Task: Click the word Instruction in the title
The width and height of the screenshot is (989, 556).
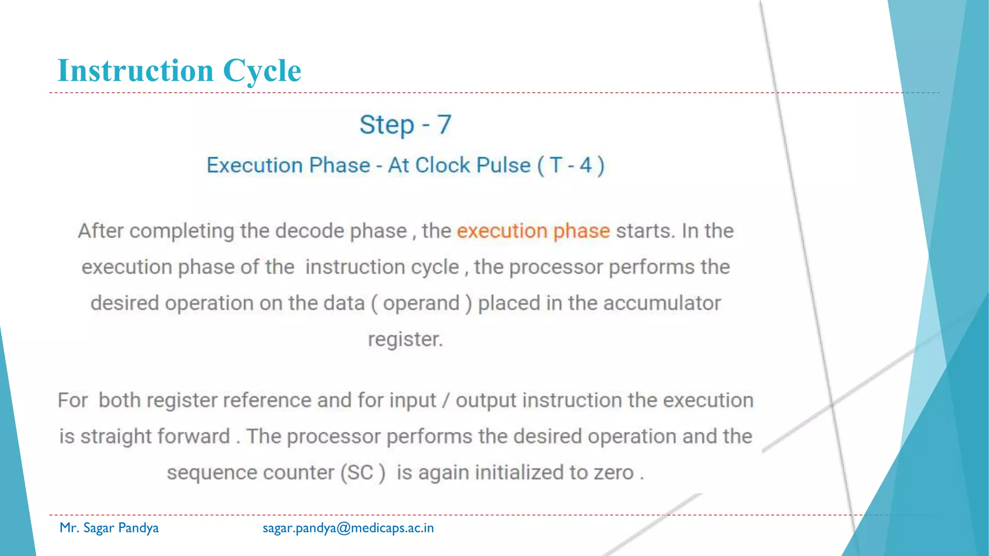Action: (x=135, y=70)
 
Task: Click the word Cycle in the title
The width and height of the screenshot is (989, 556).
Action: (x=262, y=70)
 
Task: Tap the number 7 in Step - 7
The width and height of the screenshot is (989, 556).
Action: (x=444, y=125)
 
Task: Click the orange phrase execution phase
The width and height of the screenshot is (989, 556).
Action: (x=533, y=231)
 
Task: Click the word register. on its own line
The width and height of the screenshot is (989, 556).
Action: (x=405, y=339)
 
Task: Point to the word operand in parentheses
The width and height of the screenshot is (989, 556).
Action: (x=421, y=304)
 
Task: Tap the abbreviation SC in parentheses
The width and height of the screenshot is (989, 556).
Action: (x=360, y=473)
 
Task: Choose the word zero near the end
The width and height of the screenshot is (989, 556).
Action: (x=613, y=473)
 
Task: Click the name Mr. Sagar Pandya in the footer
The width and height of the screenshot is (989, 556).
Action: (x=109, y=528)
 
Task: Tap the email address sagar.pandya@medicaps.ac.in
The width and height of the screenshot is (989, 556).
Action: (x=348, y=528)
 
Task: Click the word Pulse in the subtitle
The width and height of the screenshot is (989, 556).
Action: (x=503, y=165)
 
